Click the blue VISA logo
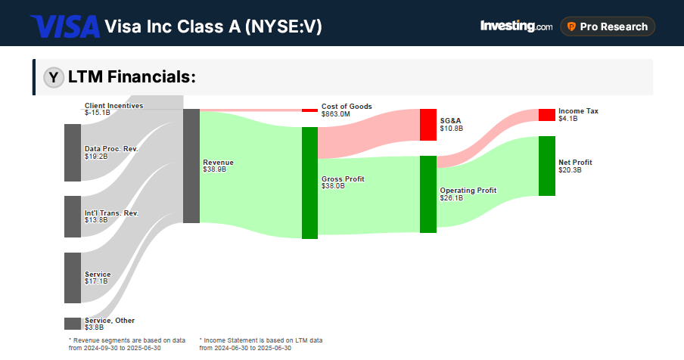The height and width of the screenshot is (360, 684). (x=65, y=27)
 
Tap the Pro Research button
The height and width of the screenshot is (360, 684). (x=608, y=26)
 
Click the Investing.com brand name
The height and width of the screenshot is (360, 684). (x=516, y=26)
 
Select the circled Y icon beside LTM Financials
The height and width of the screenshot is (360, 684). (x=54, y=77)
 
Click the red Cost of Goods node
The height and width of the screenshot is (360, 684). (x=309, y=110)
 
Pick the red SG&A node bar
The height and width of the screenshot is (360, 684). (x=428, y=125)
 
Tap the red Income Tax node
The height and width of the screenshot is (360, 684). (x=546, y=115)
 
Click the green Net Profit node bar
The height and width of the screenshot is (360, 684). (x=546, y=166)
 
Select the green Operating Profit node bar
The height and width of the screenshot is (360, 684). (x=428, y=194)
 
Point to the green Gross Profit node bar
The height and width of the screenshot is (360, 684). (x=309, y=183)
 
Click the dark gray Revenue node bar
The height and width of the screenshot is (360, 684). (x=191, y=166)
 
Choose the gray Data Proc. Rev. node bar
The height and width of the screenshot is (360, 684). (x=73, y=153)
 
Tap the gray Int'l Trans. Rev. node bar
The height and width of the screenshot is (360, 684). (x=73, y=217)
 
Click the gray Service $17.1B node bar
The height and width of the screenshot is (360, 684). (x=73, y=278)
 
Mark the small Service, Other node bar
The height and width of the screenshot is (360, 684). (x=73, y=324)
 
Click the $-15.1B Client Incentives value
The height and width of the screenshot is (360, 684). (x=97, y=113)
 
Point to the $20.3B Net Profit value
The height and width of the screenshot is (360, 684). (x=570, y=170)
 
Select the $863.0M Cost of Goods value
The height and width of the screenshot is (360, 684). (x=335, y=114)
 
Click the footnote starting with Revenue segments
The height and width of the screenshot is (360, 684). (x=126, y=344)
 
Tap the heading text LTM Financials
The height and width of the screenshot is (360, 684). (x=132, y=77)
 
